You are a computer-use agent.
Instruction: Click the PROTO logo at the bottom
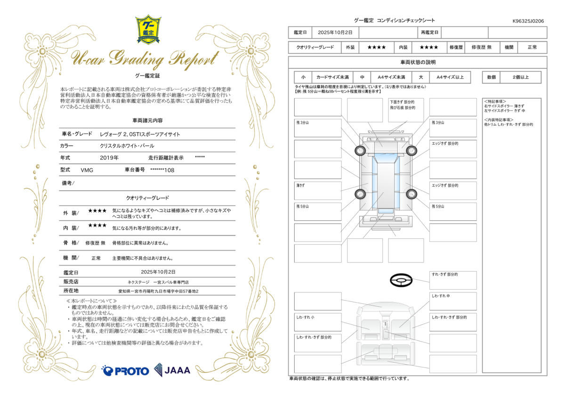point(125,371)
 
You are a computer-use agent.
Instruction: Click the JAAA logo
point(172,370)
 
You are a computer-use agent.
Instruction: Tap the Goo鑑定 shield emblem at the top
point(148,29)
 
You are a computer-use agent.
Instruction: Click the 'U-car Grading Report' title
point(145,59)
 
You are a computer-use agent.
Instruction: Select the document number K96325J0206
point(528,21)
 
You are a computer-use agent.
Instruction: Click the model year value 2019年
point(109,158)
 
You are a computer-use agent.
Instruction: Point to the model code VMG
point(87,170)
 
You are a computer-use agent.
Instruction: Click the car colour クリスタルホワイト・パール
point(127,146)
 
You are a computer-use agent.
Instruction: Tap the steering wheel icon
point(401,280)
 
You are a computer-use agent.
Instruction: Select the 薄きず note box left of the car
point(318,191)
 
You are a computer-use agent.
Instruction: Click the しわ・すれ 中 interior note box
point(452,301)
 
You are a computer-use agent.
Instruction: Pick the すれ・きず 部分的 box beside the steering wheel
point(452,280)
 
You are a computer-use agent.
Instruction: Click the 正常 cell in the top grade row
point(532,47)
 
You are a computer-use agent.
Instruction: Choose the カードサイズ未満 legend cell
point(332,77)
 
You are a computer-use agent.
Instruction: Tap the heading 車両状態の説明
point(418,62)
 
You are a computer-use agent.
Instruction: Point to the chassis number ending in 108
point(162,170)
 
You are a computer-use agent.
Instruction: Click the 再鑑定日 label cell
point(429,33)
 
